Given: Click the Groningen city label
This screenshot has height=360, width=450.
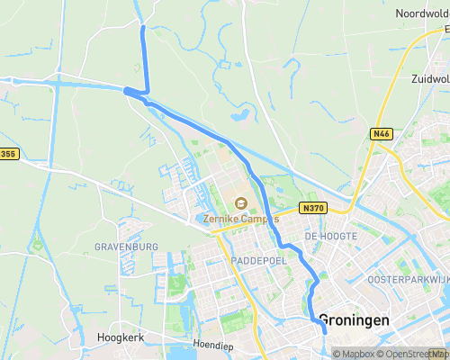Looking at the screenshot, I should (355, 320).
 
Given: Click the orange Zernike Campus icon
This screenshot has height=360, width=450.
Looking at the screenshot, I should (240, 202).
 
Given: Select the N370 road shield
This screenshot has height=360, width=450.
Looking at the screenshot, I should (313, 208).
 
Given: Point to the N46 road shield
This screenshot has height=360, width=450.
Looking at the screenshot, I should (381, 134).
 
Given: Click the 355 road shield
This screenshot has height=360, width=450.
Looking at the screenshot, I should (8, 155).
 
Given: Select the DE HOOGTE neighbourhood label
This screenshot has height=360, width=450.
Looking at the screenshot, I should (331, 236).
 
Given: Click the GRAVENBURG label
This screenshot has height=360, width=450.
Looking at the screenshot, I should (126, 247).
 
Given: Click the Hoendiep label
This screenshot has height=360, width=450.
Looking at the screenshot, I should (213, 345).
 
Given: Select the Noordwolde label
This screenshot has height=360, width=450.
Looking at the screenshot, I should (421, 13).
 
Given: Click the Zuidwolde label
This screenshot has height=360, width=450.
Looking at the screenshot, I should (429, 79).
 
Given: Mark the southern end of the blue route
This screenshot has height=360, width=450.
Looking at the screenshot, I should (325, 332).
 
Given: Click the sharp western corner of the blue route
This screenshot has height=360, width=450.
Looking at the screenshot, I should (125, 90).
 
